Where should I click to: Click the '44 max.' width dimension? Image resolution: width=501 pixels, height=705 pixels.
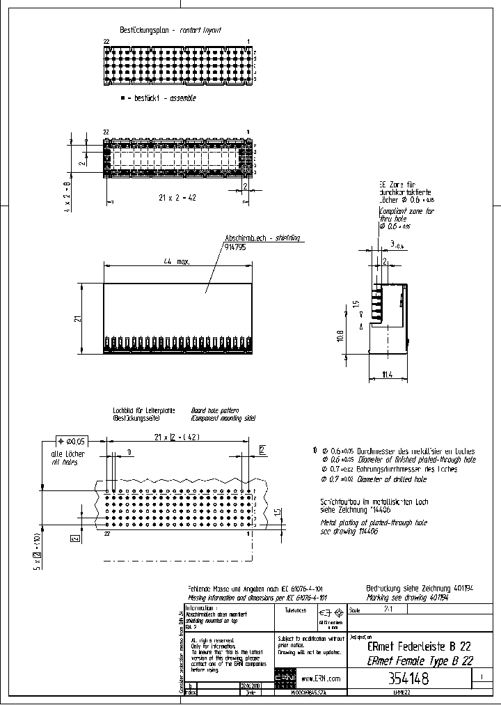177,261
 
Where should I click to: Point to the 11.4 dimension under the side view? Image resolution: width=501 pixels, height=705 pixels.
387,375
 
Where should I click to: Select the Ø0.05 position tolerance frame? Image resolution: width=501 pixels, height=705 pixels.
72,441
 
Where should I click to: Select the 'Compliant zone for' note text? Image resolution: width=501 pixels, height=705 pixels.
406,211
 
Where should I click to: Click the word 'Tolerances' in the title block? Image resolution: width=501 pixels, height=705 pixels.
295,610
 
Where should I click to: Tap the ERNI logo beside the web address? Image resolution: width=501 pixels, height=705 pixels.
285,678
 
